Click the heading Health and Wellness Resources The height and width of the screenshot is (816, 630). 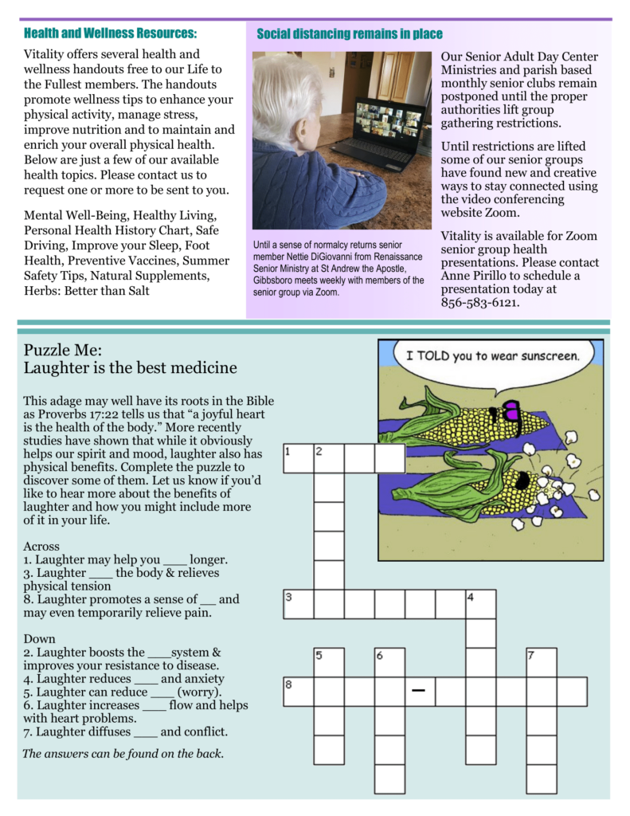[111, 33]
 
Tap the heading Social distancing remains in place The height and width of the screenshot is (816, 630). [350, 34]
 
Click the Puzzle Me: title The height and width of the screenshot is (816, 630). [63, 350]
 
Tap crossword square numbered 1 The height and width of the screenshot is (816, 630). [299, 459]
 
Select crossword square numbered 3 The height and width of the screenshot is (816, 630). [299, 604]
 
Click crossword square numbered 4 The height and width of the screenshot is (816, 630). [480, 604]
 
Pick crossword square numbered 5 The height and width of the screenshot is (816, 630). [329, 662]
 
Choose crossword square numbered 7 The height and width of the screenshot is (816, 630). [541, 662]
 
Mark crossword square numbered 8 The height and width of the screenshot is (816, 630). [299, 692]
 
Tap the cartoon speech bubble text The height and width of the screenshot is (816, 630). [491, 355]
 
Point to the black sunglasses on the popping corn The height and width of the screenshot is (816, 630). [522, 481]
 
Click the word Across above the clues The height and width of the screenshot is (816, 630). [41, 546]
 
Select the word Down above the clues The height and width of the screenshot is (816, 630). [39, 638]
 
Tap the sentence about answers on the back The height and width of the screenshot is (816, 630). [123, 753]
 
